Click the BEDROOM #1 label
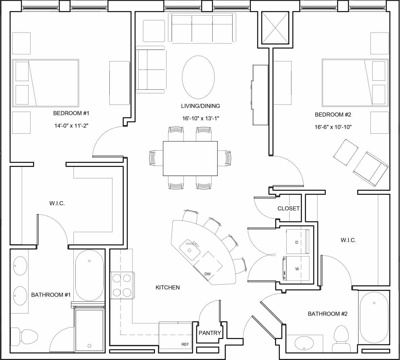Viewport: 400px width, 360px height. point(71,113)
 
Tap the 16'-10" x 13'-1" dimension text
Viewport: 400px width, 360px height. point(200,118)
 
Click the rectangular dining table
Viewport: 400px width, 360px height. point(190,158)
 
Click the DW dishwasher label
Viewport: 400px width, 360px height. point(207,274)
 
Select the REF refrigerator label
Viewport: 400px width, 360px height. point(185,344)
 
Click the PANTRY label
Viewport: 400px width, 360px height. point(210,333)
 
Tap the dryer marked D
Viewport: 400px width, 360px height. point(298,242)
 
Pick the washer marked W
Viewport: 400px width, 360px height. point(297,268)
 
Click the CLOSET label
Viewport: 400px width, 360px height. point(288,208)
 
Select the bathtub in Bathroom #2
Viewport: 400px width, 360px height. point(374,318)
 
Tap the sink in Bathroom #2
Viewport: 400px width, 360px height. point(304,343)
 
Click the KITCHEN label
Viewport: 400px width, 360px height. point(167,287)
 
